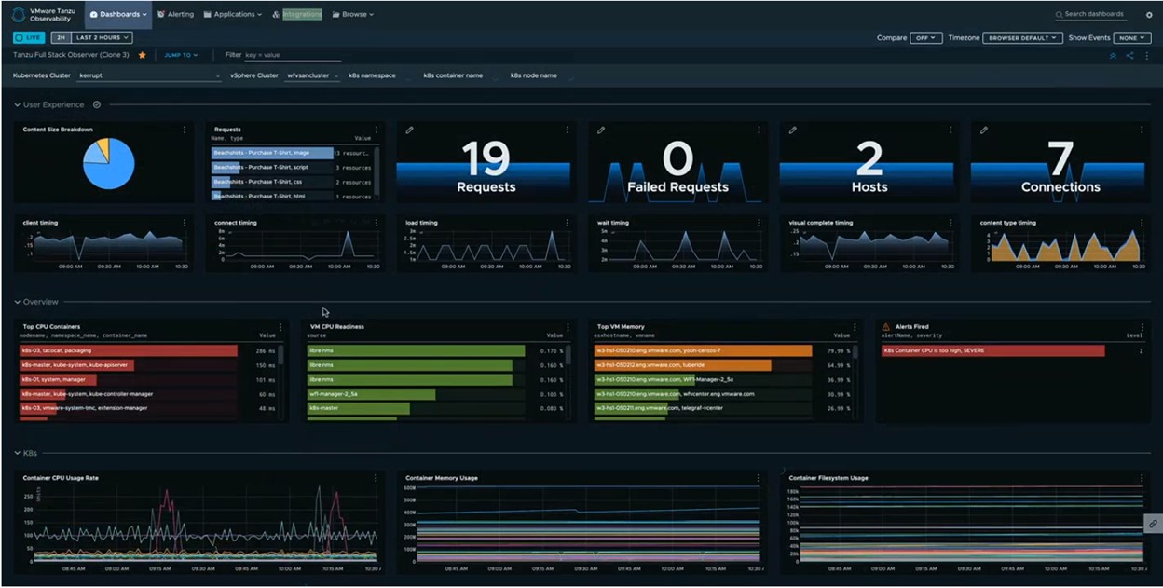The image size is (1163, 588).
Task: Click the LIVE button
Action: coord(29,37)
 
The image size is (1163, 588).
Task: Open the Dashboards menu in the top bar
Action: coord(118,14)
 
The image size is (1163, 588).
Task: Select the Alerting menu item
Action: coord(175,14)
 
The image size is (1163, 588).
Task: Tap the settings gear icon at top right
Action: coord(1149,15)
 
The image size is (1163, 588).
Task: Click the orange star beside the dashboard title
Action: coord(143,55)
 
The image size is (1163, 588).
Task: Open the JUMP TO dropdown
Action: coord(181,55)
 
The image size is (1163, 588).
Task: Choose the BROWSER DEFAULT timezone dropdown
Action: coord(1023,38)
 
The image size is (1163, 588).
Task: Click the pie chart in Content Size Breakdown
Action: coord(108,163)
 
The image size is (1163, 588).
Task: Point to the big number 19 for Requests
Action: coord(486,158)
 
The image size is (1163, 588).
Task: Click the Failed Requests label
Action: coord(677,186)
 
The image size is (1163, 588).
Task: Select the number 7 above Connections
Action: coord(1060,157)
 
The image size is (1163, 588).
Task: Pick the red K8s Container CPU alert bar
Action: coord(992,351)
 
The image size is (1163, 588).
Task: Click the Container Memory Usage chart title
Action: coord(442,478)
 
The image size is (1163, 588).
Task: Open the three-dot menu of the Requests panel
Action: coord(376,130)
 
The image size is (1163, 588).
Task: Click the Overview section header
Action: coord(40,302)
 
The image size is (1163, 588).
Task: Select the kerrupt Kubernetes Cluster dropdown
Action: coord(149,75)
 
